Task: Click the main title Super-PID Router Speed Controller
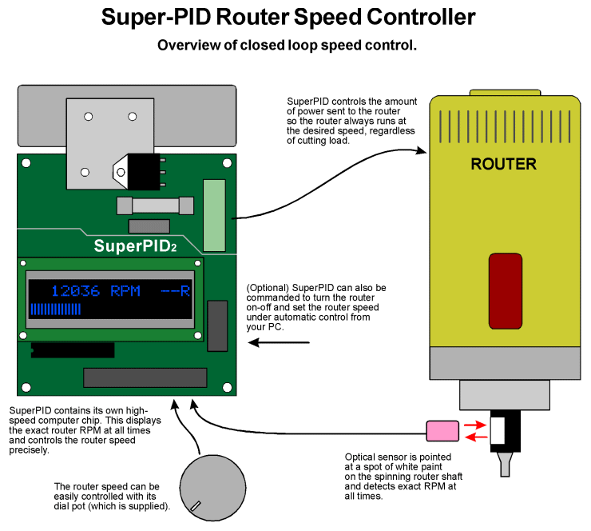[288, 17]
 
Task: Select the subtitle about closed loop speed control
[287, 46]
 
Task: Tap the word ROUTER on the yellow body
[503, 165]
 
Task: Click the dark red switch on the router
[504, 290]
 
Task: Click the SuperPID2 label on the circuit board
[135, 246]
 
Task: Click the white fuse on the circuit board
[155, 206]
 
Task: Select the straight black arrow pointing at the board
[279, 343]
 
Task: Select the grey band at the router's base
[504, 363]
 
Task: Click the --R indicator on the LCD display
[175, 291]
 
